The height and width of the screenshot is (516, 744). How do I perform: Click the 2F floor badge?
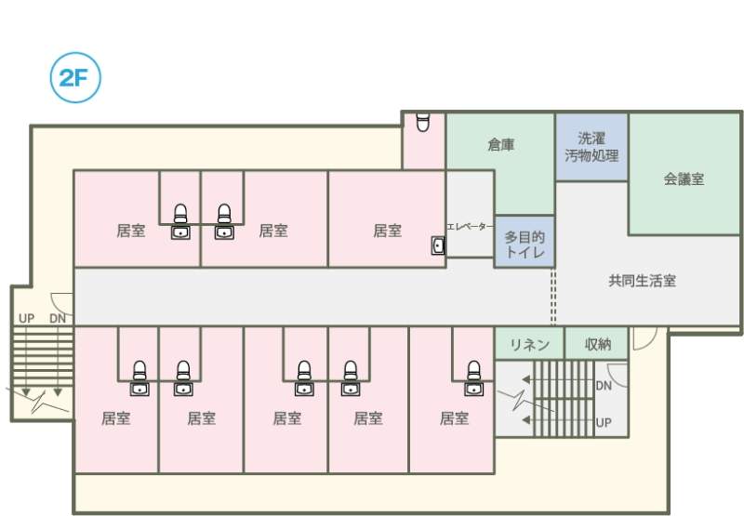click(73, 78)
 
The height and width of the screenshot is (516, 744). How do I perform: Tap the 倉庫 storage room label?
click(501, 145)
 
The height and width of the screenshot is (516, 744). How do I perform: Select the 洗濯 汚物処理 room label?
click(591, 147)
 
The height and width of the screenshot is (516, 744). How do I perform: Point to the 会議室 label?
click(684, 179)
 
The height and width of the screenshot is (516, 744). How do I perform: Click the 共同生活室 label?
click(642, 280)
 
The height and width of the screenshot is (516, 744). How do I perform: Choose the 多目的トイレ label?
click(525, 245)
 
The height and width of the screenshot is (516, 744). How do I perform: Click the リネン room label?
click(529, 345)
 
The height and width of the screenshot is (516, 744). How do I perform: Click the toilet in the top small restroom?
click(423, 122)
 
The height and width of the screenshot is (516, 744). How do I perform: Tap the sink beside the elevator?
click(438, 245)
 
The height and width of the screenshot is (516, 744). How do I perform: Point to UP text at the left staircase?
click(26, 318)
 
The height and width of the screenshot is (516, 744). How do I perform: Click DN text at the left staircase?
click(58, 318)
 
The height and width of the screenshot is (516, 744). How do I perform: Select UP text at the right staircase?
click(604, 423)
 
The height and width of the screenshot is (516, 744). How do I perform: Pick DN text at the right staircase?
click(604, 385)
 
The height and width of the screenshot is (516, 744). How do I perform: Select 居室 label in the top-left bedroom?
click(130, 231)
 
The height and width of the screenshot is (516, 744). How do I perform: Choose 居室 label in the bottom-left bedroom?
click(115, 418)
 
